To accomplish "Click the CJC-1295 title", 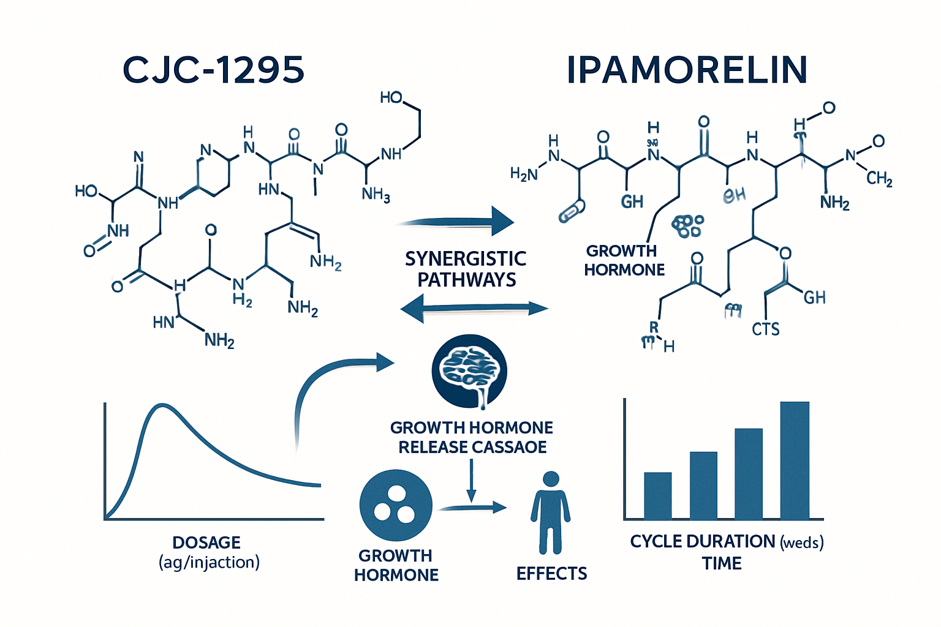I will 214,70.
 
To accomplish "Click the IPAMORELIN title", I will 687,70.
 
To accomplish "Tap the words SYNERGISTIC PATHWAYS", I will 466,269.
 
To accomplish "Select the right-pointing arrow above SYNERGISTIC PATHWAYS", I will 456,222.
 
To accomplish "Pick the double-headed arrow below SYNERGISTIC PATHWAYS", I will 474,308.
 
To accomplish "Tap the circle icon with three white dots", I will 396,505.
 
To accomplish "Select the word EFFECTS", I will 551,574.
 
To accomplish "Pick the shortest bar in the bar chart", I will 657,495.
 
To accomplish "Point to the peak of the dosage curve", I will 162,405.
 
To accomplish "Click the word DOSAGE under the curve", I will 206,543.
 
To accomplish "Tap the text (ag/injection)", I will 209,562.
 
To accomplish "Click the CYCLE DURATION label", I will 703,541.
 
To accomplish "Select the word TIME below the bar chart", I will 722,563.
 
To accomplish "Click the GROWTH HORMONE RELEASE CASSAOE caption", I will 472,437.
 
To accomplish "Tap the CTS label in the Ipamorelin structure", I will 766,329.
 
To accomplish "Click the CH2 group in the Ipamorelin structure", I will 879,178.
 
